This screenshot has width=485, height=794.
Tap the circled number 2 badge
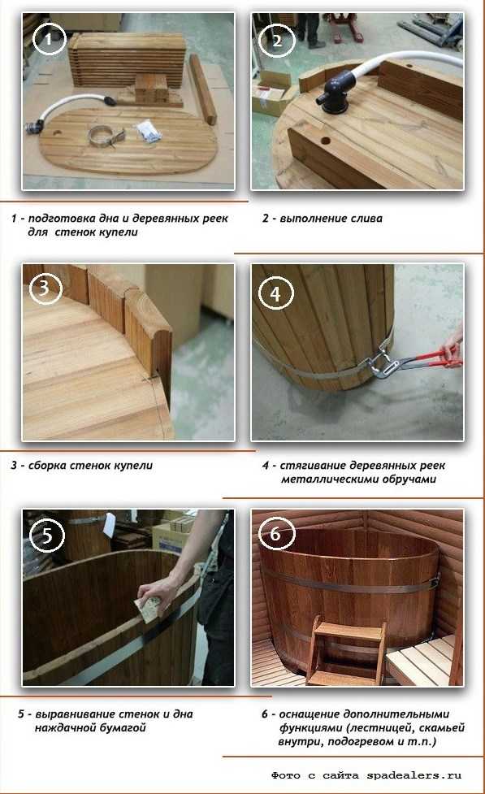[276, 40]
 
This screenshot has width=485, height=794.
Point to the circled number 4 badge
[275, 293]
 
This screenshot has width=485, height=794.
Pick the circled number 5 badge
[47, 535]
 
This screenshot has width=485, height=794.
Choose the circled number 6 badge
[275, 533]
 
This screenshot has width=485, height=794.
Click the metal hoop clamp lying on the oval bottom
[106, 136]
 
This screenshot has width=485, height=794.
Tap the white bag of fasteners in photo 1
[149, 130]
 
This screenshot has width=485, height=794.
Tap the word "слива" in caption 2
[363, 219]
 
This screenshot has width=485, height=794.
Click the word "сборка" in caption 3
[47, 466]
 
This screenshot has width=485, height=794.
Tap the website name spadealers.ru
[414, 775]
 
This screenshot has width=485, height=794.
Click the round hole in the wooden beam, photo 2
[324, 141]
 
